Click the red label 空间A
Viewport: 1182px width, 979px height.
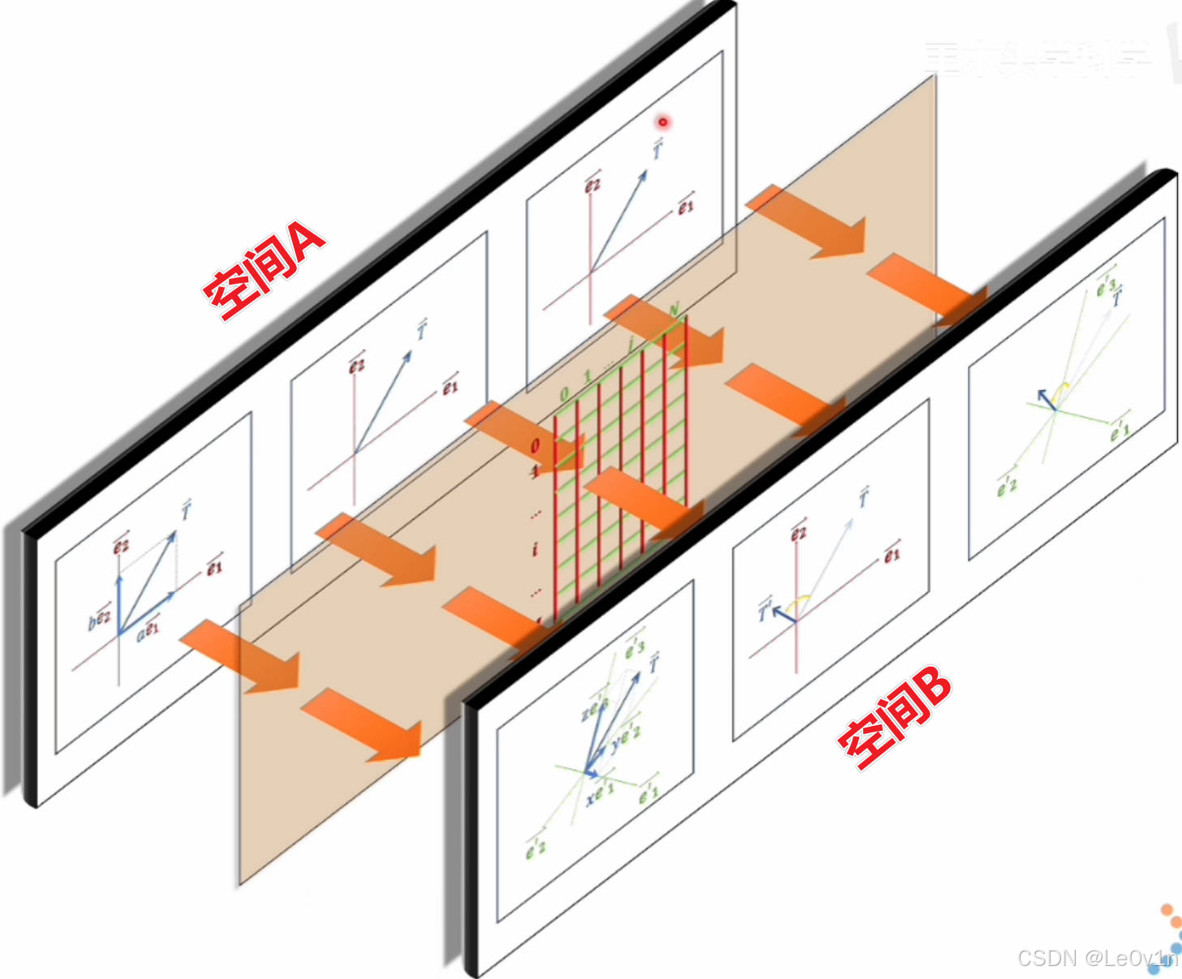click(264, 269)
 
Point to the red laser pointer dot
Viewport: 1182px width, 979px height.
click(663, 122)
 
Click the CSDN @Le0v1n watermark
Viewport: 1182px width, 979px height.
click(1097, 959)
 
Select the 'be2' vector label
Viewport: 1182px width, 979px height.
click(99, 619)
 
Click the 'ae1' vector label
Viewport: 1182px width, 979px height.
click(148, 629)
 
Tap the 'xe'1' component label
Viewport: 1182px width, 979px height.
click(600, 792)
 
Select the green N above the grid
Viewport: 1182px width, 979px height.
click(673, 311)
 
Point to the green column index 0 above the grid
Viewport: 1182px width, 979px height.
click(565, 395)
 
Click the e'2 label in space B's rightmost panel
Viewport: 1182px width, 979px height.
click(1007, 485)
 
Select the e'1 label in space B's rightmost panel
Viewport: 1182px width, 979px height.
click(1120, 430)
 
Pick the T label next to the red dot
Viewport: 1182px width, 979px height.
click(657, 149)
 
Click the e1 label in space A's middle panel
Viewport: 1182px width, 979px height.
click(450, 387)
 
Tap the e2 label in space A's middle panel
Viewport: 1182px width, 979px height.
click(356, 365)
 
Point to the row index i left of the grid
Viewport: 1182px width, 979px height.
click(535, 550)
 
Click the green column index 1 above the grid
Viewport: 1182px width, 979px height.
click(588, 377)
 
